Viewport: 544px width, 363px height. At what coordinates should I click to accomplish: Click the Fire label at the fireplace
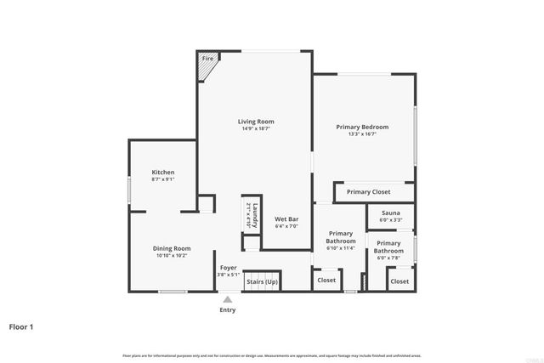[x=207, y=60]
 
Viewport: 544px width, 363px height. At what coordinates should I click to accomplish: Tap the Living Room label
[x=256, y=122]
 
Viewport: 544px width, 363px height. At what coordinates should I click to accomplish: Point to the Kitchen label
[x=163, y=172]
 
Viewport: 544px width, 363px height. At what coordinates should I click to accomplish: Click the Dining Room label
[x=171, y=248]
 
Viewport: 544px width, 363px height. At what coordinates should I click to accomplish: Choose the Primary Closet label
[x=368, y=192]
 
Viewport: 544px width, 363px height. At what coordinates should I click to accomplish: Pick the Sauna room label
[x=391, y=213]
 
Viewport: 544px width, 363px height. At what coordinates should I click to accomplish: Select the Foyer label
[x=228, y=268]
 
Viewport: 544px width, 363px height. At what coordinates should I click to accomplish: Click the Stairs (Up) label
[x=261, y=281]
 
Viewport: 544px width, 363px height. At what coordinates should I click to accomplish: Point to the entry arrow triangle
[x=227, y=298]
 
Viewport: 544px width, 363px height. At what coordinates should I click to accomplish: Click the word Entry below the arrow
[x=228, y=310]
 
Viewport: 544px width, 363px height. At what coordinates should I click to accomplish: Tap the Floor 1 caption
[x=21, y=326]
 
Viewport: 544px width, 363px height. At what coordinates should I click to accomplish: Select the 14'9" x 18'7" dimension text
[x=256, y=129]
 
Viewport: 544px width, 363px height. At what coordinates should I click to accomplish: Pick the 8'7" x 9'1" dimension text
[x=163, y=179]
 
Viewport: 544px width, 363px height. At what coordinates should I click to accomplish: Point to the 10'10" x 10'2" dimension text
[x=171, y=256]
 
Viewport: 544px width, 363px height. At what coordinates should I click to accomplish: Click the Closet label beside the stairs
[x=326, y=281]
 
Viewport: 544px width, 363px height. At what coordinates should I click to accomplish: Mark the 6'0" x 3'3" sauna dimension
[x=391, y=220]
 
